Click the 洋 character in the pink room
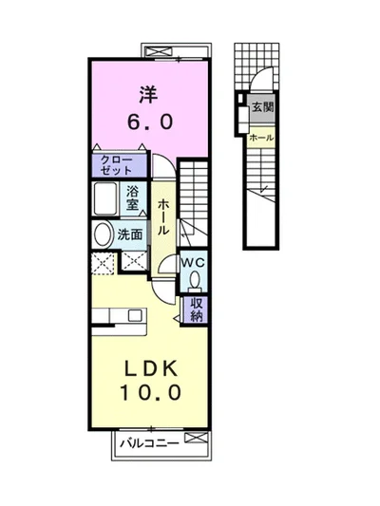tap(147, 95)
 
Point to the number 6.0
tap(147, 123)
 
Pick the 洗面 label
tap(130, 234)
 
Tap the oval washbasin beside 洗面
tap(103, 234)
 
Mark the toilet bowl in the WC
tap(194, 280)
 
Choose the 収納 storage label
tap(197, 309)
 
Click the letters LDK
tap(147, 366)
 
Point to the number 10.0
tap(147, 392)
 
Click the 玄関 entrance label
tap(262, 107)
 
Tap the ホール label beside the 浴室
tap(163, 217)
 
